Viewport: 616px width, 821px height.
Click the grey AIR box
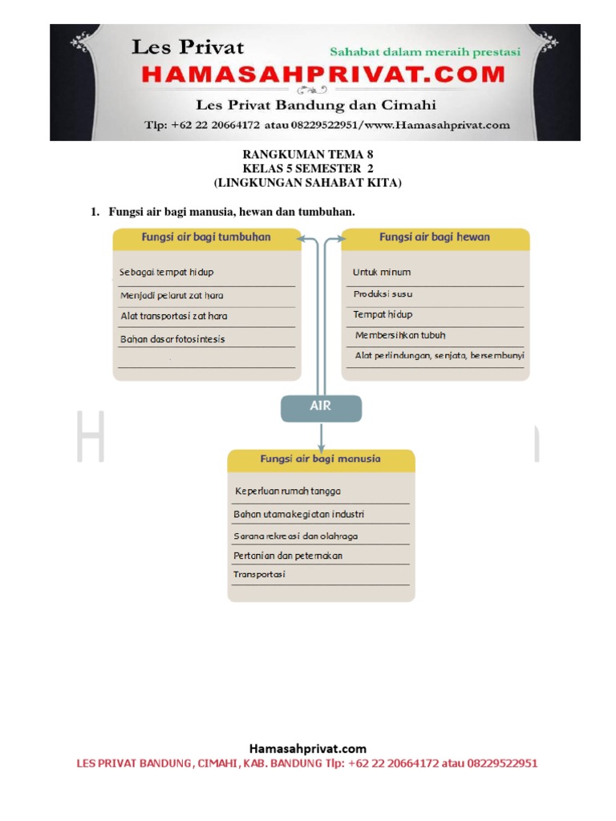coord(321,407)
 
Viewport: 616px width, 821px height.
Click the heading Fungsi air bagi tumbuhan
coord(206,237)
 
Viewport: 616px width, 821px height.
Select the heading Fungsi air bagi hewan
coord(434,237)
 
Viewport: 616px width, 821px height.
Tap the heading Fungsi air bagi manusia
coord(320,459)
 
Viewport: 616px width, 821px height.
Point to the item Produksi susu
coord(383,294)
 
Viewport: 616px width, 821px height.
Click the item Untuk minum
coord(382,273)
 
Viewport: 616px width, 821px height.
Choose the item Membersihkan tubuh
coord(400,335)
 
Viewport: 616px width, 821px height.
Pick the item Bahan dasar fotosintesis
coord(172,339)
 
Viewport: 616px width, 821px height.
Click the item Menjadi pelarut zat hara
coord(172,295)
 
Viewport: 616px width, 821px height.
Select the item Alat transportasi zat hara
coord(174,317)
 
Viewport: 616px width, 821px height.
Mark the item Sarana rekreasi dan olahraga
coord(295,535)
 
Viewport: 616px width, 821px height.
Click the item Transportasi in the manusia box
coord(259,575)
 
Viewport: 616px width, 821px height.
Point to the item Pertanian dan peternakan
coord(288,555)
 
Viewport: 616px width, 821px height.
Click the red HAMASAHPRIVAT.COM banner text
coord(324,75)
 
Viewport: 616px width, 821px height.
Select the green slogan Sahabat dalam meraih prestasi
coord(425,52)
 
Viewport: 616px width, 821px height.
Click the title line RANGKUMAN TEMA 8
coord(308,154)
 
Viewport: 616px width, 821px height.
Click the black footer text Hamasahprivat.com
coord(307,749)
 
